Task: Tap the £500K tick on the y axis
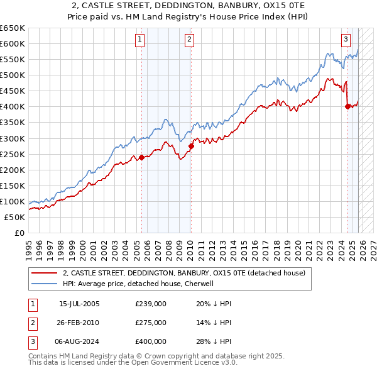click(13, 75)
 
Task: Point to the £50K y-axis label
click(14, 217)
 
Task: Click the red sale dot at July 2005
click(141, 157)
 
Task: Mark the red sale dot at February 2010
click(191, 146)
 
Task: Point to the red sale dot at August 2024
click(347, 106)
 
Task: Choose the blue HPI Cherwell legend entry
click(139, 284)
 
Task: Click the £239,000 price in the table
click(151, 304)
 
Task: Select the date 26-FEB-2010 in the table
click(79, 323)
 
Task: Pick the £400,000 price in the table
click(151, 341)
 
